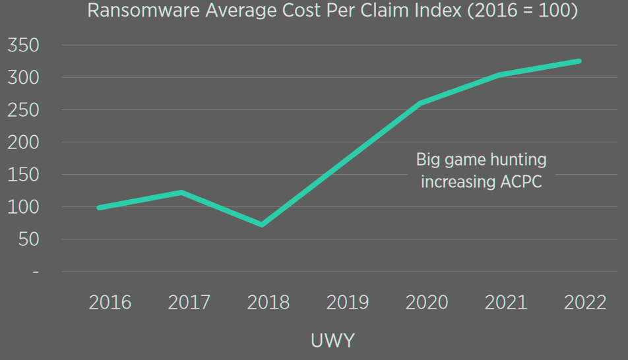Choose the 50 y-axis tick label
[28, 239]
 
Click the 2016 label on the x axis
[110, 303]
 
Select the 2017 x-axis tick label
[189, 303]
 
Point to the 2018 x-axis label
[268, 303]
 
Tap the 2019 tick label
[348, 303]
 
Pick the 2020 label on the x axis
[427, 303]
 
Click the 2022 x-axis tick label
[585, 303]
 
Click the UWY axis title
[332, 341]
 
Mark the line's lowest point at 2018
[262, 225]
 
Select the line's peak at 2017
[181, 192]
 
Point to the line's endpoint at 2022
[579, 61]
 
